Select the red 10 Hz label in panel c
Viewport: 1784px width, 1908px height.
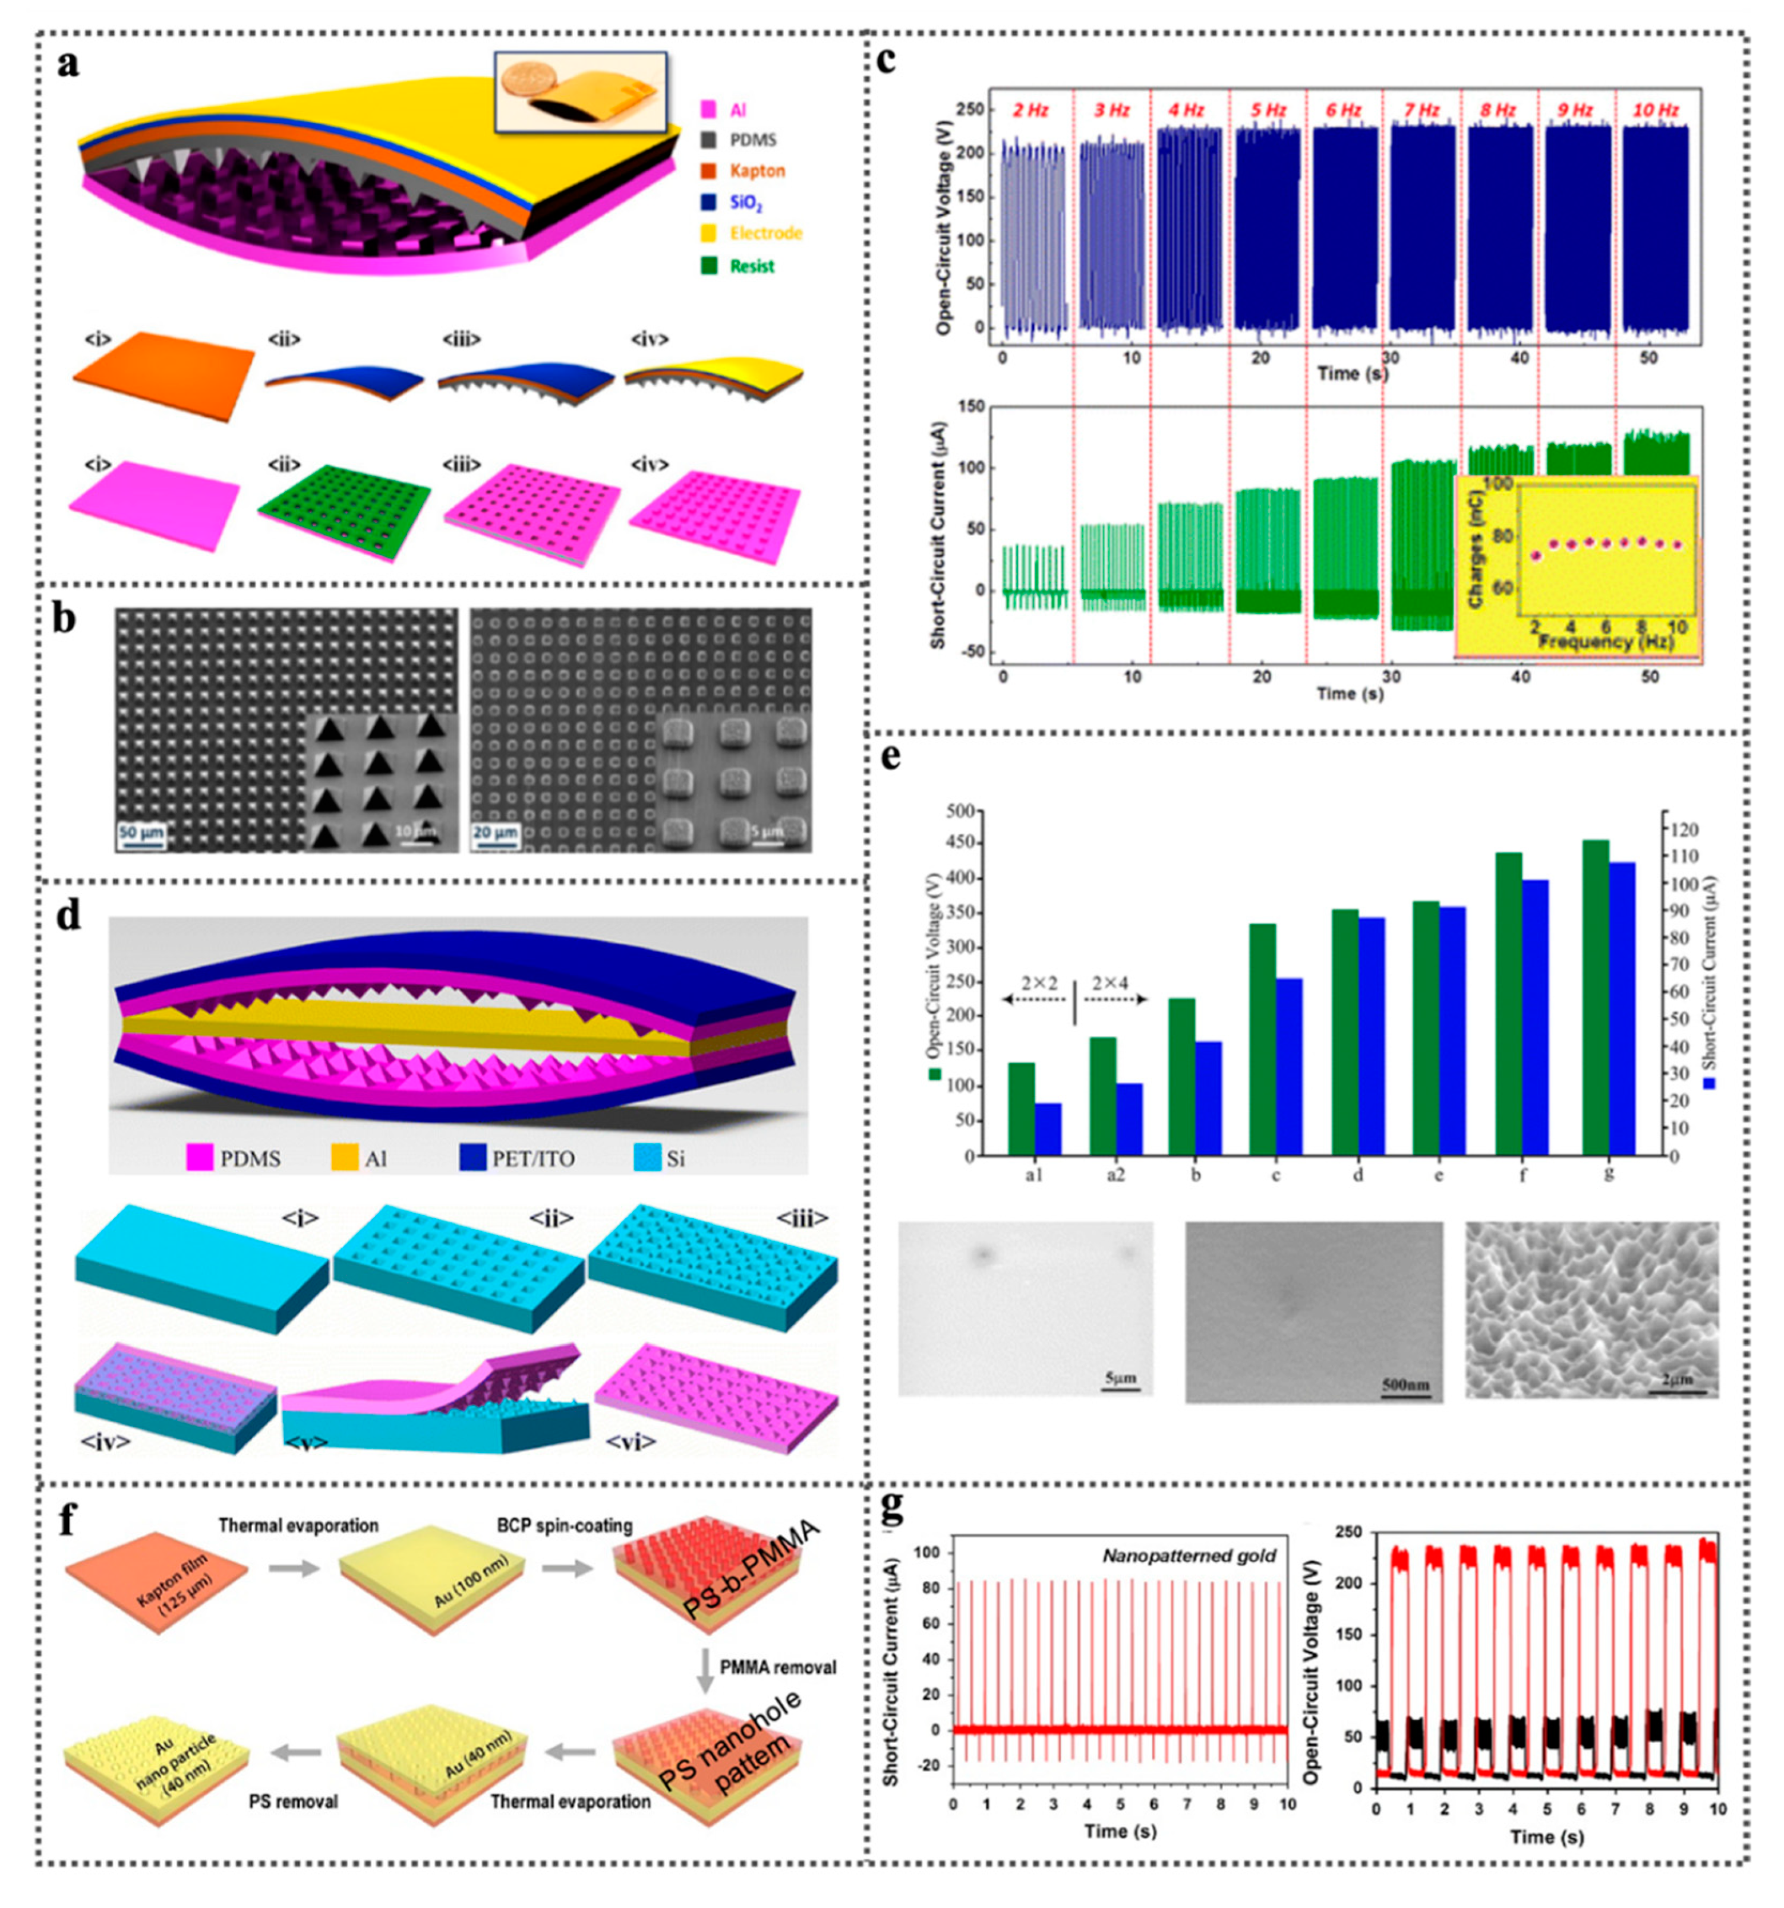point(1654,111)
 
